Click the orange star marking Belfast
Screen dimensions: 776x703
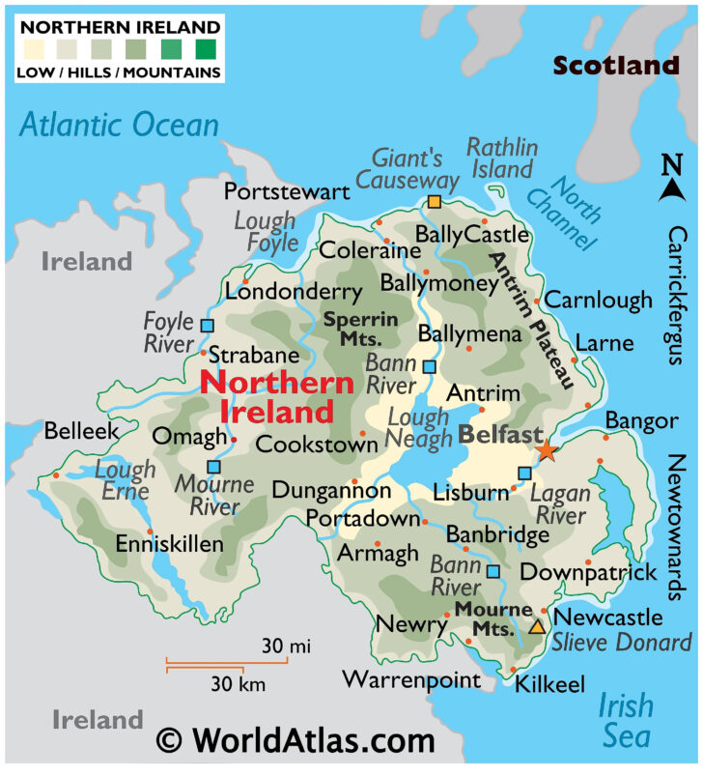[547, 450]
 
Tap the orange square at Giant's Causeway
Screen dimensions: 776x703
[435, 203]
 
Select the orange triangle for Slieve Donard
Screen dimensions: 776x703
[536, 627]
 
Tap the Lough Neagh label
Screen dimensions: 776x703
[418, 429]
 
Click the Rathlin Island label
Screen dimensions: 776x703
[500, 158]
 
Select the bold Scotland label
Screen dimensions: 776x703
[616, 66]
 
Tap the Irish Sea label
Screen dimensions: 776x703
[626, 721]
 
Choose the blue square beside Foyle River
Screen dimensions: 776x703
[207, 326]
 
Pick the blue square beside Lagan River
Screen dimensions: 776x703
[524, 474]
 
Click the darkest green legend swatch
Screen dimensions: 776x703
[207, 46]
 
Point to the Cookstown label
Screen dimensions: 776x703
[317, 445]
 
